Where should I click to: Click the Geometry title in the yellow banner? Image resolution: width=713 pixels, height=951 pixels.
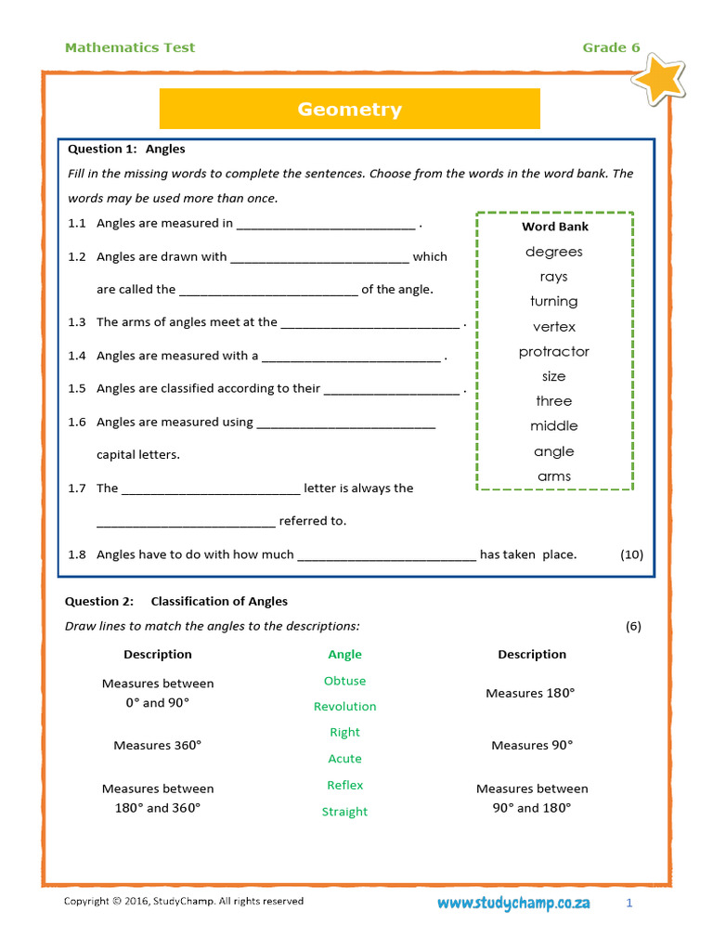349,110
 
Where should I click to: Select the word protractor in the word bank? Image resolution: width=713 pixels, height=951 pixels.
553,352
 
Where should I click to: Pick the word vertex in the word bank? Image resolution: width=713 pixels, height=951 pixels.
553,327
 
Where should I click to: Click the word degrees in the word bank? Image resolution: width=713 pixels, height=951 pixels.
553,252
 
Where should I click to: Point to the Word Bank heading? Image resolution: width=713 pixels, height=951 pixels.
554,227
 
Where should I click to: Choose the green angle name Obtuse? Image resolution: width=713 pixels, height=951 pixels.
344,681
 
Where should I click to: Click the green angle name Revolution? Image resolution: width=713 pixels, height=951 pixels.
344,707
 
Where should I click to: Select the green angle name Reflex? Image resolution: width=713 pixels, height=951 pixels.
344,786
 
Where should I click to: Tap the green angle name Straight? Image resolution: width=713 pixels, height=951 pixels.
344,812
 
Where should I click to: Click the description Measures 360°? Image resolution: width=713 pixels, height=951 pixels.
157,746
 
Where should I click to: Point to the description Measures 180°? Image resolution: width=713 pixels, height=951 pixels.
530,694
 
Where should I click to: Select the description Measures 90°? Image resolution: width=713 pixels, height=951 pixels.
532,746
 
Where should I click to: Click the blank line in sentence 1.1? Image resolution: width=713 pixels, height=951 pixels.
326,225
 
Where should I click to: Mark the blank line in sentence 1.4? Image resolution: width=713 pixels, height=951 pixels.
351,357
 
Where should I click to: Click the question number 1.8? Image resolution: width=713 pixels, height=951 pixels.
77,554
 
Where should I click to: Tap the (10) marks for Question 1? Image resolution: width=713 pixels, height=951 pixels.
631,554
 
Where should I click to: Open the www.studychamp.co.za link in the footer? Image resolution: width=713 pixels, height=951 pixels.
513,904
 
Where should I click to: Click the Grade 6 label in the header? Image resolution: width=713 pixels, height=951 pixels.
611,48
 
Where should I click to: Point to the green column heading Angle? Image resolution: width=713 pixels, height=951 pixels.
344,655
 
